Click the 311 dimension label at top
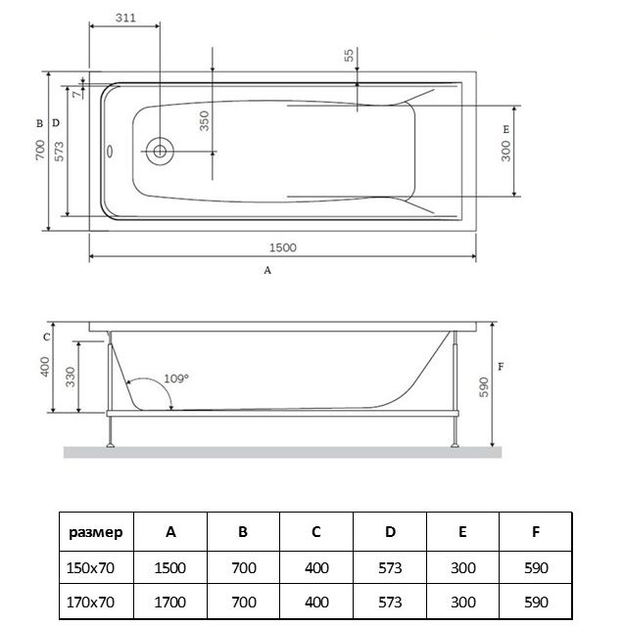[x=123, y=18]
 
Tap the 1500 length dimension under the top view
[x=282, y=247]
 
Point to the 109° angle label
[x=176, y=378]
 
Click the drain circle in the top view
[x=159, y=152]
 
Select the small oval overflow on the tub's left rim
[x=110, y=152]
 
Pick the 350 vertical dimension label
[x=204, y=121]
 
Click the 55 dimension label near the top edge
[x=349, y=55]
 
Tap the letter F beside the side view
[x=501, y=367]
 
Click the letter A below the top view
[x=266, y=271]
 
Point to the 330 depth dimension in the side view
[x=71, y=377]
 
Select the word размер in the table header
[x=96, y=533]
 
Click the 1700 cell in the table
[x=171, y=602]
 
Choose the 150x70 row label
[x=96, y=568]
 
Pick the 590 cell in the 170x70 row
[x=536, y=602]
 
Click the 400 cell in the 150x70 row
[x=316, y=568]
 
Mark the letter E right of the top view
[x=506, y=129]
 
